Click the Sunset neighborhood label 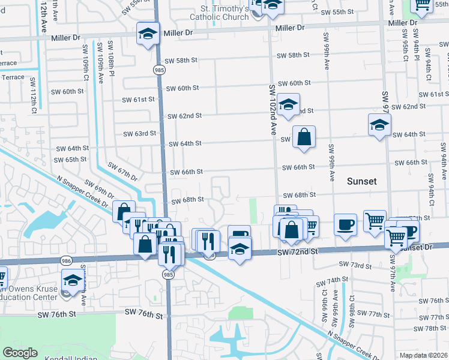(361, 181)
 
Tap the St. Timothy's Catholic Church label (215, 13)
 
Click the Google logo (20, 353)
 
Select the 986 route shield (66, 261)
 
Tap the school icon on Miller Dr (147, 34)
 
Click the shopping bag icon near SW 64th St (304, 137)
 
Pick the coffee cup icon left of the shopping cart (345, 224)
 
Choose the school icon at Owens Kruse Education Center (73, 281)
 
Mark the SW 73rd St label (355, 264)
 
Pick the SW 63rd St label (139, 133)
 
